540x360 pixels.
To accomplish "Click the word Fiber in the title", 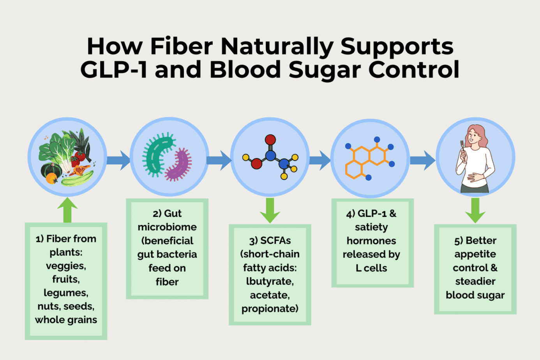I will pos(181,46).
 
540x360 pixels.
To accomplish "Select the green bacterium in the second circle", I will pos(158,154).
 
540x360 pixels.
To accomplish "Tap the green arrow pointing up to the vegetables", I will pos(67,210).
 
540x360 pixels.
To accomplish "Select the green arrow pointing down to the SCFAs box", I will pos(270,210).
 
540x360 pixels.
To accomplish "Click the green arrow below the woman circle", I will pos(475,210).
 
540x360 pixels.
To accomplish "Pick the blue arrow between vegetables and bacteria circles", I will pos(118,160).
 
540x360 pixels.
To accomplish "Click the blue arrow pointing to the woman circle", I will pos(422,160).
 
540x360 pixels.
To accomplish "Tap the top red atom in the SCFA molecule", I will pos(270,139).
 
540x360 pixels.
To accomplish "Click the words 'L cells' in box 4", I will pos(371,268).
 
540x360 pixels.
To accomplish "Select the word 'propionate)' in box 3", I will pos(270,309).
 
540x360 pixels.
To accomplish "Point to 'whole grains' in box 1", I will pos(66,320).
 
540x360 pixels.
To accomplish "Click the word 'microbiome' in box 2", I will pos(167,227).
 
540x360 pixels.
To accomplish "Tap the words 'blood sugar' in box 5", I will pos(475,295).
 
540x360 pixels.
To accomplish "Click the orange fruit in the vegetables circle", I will pos(51,178).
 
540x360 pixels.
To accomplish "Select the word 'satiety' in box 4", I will pos(371,227).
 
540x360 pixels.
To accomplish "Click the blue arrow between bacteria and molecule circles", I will pos(219,160).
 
